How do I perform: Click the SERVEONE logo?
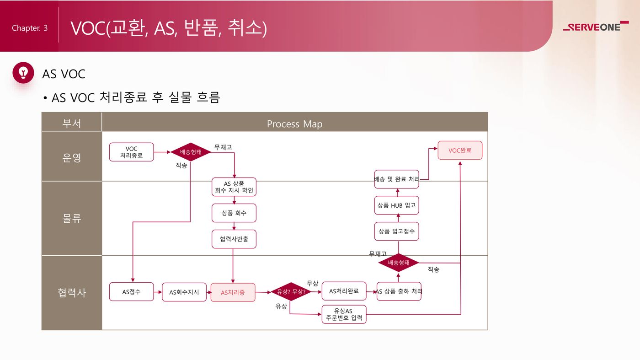point(595,27)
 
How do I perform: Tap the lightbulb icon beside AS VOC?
point(23,73)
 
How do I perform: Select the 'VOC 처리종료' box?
point(131,152)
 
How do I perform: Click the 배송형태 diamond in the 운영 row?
point(191,152)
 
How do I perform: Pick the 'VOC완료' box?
point(460,150)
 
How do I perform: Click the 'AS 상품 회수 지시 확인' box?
point(234,187)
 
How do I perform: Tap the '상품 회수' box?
point(234,213)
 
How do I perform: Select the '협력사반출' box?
point(234,239)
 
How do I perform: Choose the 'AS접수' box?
point(131,291)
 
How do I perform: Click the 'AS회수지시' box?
point(184,292)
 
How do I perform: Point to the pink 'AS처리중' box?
point(233,292)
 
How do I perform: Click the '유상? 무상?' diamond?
point(291,291)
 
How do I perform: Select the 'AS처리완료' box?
point(344,291)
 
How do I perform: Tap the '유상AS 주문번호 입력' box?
point(344,314)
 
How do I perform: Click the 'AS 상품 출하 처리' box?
point(399,291)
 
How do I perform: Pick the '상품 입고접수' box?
point(396,231)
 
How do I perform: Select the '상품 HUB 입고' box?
point(396,205)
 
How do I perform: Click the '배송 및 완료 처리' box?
point(396,179)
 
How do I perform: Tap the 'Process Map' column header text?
point(294,124)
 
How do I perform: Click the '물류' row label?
point(71,218)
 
